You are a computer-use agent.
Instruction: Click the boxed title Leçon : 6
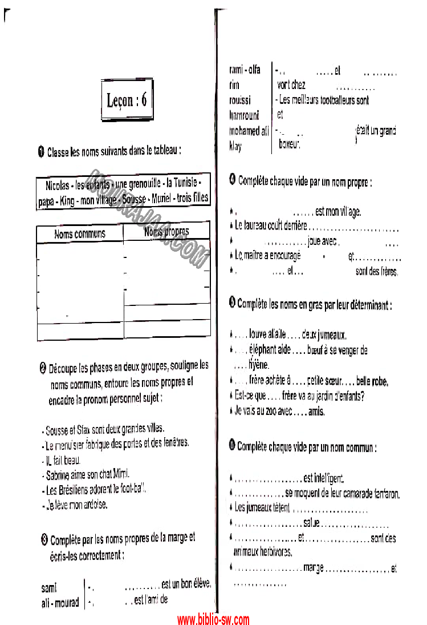pos(127,100)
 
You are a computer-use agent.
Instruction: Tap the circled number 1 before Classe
pos(41,152)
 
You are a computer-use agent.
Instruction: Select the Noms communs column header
pos(80,234)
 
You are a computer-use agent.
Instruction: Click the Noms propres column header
pos(166,232)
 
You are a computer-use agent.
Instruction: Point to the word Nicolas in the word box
pos(56,185)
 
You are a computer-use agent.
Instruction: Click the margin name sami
pos(49,587)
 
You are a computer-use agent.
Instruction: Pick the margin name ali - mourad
pos(60,603)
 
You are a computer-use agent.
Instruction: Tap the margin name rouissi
pos(239,100)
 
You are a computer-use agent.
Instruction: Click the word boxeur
pos(289,145)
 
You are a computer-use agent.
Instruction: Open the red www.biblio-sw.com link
pos(213,619)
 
